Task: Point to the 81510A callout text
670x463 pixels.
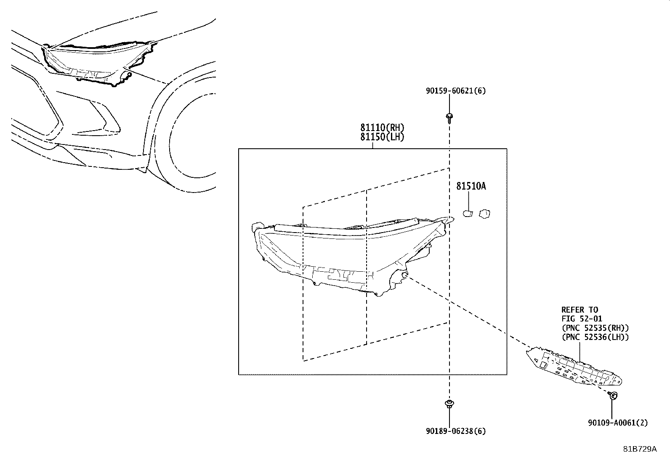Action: coord(471,186)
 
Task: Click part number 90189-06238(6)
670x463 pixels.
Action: coord(449,431)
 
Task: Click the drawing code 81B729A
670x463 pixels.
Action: coord(639,449)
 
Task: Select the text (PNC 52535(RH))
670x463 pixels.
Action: coord(595,328)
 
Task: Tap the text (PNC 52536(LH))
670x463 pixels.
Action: coord(595,337)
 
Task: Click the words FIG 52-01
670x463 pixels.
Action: coord(580,319)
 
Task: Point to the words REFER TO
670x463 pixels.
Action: coord(580,310)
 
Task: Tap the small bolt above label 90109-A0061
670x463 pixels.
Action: coord(613,395)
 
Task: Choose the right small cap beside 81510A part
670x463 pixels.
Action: coord(486,214)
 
